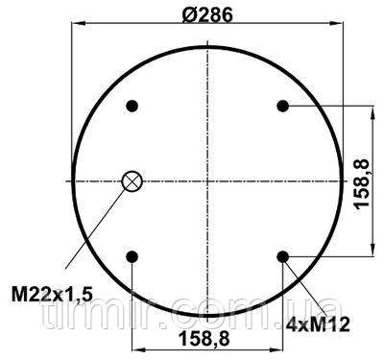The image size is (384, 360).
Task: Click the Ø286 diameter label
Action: (207, 14)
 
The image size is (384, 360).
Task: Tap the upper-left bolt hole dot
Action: (132, 106)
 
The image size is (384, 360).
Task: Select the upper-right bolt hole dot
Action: (282, 106)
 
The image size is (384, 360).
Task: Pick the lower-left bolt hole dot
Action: (132, 256)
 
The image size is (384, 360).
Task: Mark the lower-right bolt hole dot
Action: (282, 256)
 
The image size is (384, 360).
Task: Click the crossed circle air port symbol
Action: (132, 181)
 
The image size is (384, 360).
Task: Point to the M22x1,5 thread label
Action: (52, 294)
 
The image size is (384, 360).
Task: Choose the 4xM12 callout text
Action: (318, 325)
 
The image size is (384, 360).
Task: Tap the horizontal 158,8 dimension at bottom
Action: (204, 339)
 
